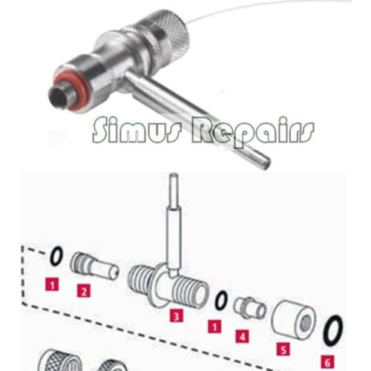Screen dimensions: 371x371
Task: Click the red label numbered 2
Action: [x=83, y=292]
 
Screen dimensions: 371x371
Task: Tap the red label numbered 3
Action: [x=176, y=316]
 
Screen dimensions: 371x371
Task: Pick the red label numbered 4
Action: [x=242, y=335]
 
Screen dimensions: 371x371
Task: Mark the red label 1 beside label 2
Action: [x=51, y=283]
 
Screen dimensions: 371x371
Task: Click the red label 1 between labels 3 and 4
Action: [x=215, y=325]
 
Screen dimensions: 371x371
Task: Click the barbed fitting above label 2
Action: [x=93, y=266]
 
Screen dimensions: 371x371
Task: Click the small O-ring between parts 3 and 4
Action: [x=220, y=301]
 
